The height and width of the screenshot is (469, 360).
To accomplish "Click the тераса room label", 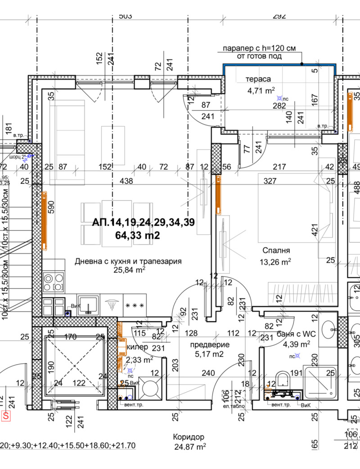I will (258, 79).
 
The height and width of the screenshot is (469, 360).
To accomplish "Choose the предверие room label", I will (209, 345).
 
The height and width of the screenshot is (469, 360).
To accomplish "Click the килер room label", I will (139, 348).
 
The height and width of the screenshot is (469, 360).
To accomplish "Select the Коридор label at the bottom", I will (189, 437).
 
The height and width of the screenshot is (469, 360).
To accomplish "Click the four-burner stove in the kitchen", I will (53, 282).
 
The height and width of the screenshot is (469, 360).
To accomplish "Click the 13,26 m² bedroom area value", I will (274, 262).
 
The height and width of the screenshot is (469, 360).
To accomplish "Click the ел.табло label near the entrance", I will (236, 406).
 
